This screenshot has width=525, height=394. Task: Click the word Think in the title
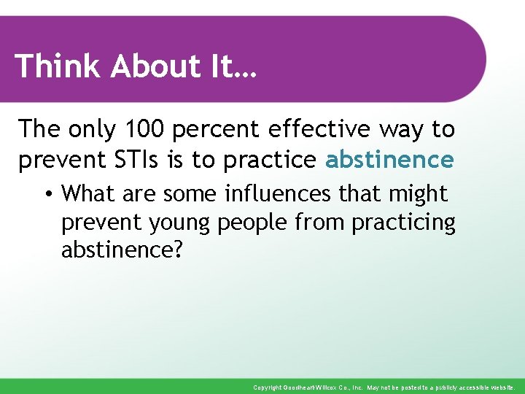point(57,66)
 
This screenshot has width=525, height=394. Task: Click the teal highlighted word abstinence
point(390,159)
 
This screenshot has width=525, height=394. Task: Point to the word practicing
point(403,223)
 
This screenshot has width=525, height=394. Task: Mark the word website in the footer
point(502,387)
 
